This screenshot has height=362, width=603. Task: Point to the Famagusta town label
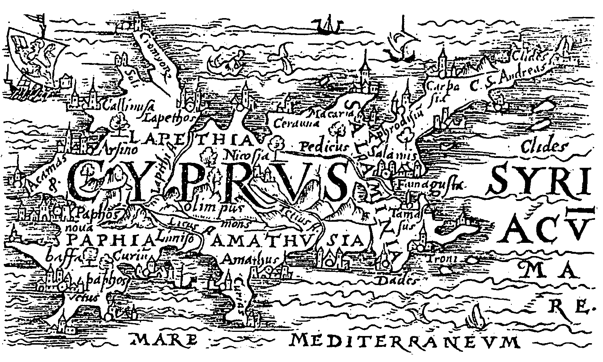430,185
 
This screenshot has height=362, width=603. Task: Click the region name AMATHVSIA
286,241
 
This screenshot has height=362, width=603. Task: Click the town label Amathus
249,259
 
